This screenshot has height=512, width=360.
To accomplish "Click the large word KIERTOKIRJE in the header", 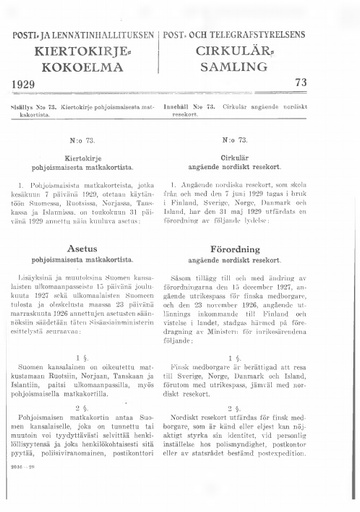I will [90, 51].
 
